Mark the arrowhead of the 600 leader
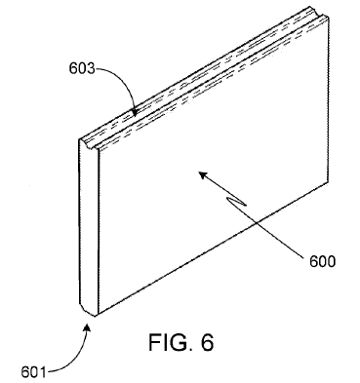[x=201, y=173]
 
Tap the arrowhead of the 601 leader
[x=91, y=327]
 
